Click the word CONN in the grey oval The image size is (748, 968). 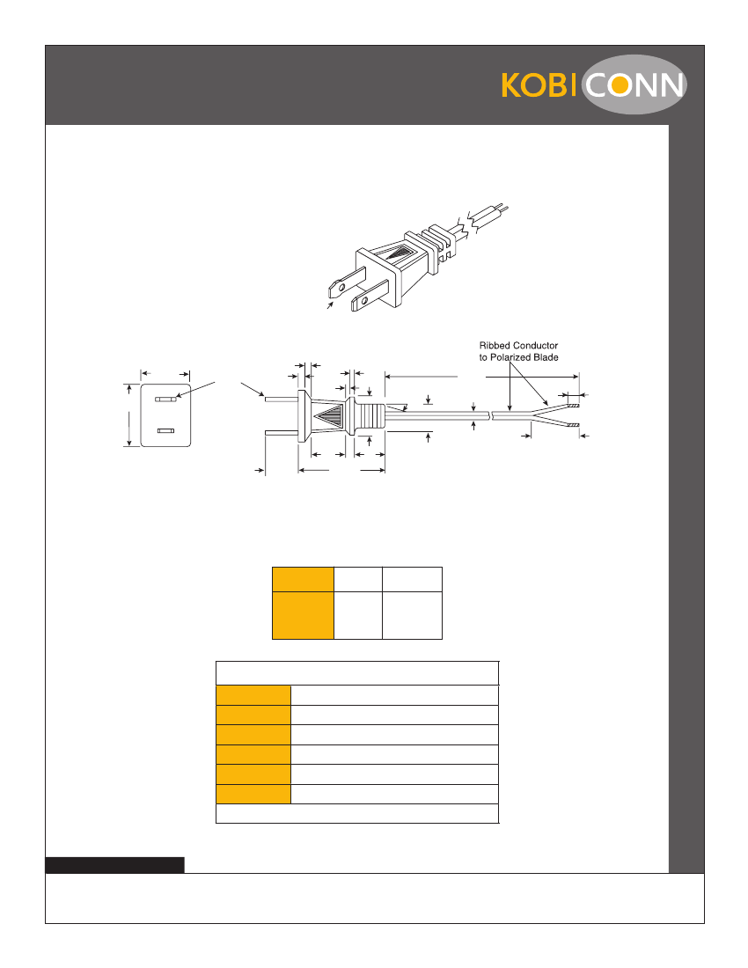pos(634,85)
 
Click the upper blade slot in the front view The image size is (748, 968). pos(165,400)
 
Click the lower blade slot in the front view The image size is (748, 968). pos(165,431)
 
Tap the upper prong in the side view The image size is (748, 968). pos(282,400)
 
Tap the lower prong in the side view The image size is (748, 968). pos(282,432)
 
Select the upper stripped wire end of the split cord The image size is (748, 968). pos(573,407)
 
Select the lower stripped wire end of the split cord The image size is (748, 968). pos(573,425)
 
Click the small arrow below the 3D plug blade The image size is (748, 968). pos(331,304)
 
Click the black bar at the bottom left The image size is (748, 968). pos(114,865)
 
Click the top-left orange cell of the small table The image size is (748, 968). pos(303,579)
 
